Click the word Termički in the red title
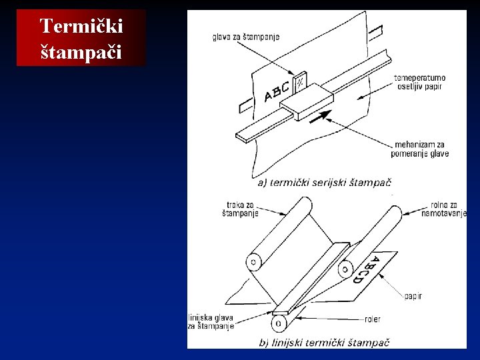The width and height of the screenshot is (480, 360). (81, 26)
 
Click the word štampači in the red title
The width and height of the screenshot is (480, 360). (81, 52)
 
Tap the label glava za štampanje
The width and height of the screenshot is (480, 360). (246, 37)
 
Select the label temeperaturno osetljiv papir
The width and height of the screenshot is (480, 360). (419, 82)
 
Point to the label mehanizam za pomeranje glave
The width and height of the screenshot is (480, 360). (420, 149)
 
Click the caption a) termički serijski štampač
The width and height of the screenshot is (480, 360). (325, 183)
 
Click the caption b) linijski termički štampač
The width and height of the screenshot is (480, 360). (324, 342)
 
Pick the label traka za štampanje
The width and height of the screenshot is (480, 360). (240, 209)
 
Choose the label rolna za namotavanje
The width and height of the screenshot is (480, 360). (444, 209)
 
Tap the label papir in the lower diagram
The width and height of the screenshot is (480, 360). (413, 296)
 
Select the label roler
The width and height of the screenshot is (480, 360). (373, 319)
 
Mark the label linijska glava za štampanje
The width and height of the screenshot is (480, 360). (211, 322)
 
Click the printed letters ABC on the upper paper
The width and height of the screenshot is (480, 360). (277, 91)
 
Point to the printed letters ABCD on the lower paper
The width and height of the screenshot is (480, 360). (368, 270)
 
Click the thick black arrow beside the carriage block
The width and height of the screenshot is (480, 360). (321, 117)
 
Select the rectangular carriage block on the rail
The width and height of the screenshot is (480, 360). (307, 102)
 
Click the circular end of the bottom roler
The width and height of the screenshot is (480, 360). (279, 323)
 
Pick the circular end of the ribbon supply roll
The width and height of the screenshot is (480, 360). (254, 262)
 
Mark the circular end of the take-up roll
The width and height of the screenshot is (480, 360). (345, 269)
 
